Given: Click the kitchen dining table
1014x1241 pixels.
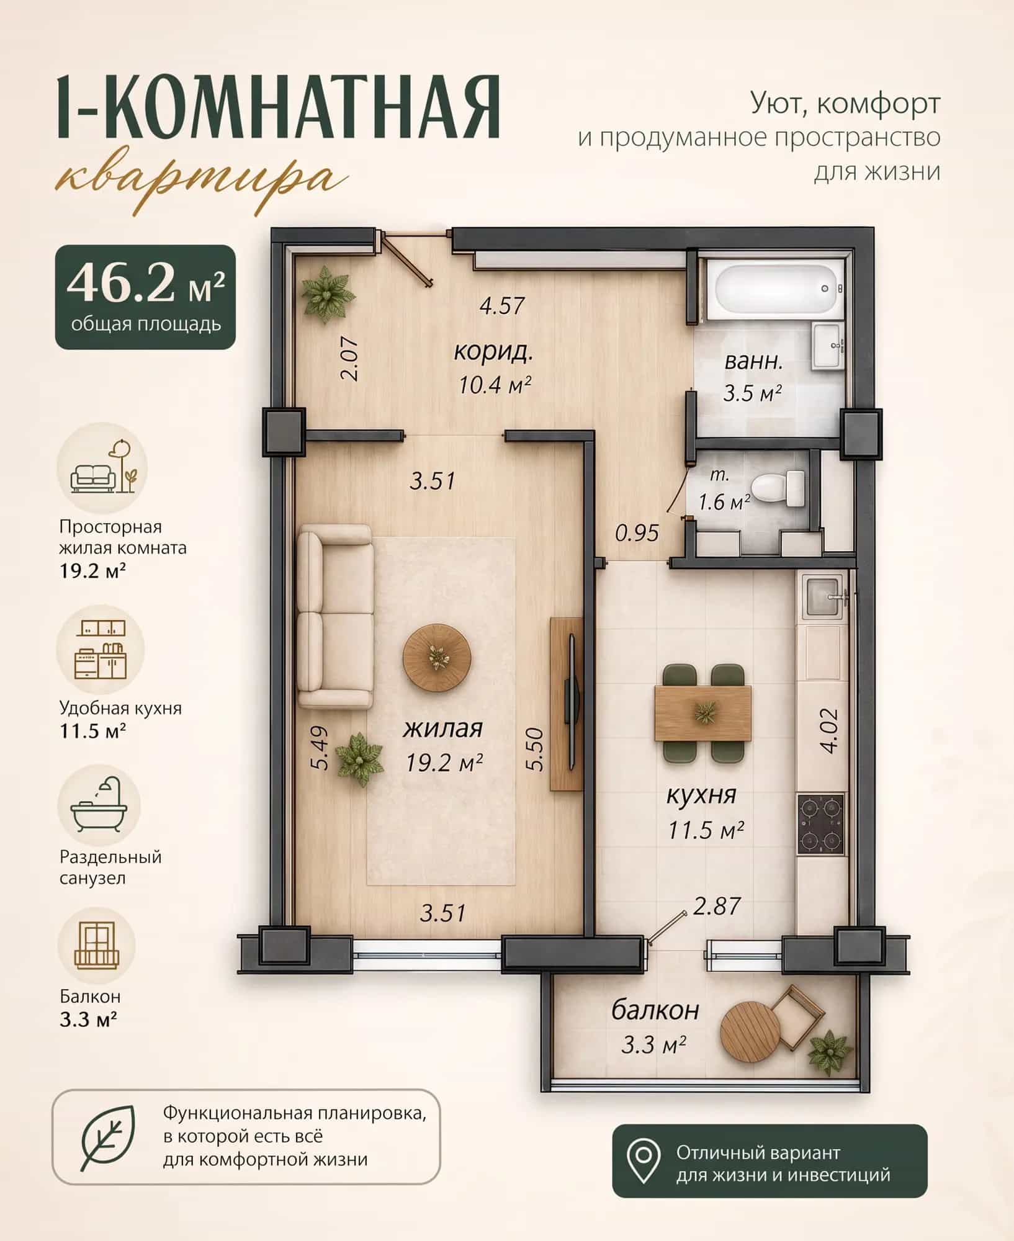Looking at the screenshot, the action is point(703,714).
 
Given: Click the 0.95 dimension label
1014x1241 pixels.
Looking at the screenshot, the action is point(637,532).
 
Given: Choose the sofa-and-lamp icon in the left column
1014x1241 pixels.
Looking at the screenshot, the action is point(102,467).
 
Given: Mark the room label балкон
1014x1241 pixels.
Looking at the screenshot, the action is point(655,1010).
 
